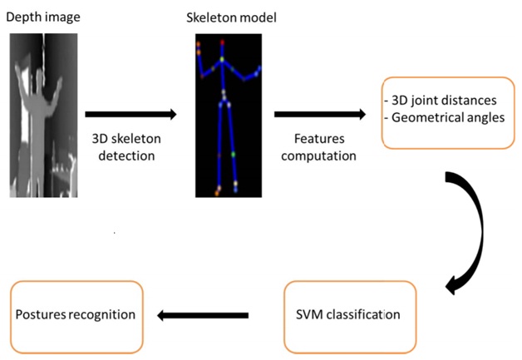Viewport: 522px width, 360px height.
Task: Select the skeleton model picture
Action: point(228,115)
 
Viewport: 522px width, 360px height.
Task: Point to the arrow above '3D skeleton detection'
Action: point(131,115)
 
